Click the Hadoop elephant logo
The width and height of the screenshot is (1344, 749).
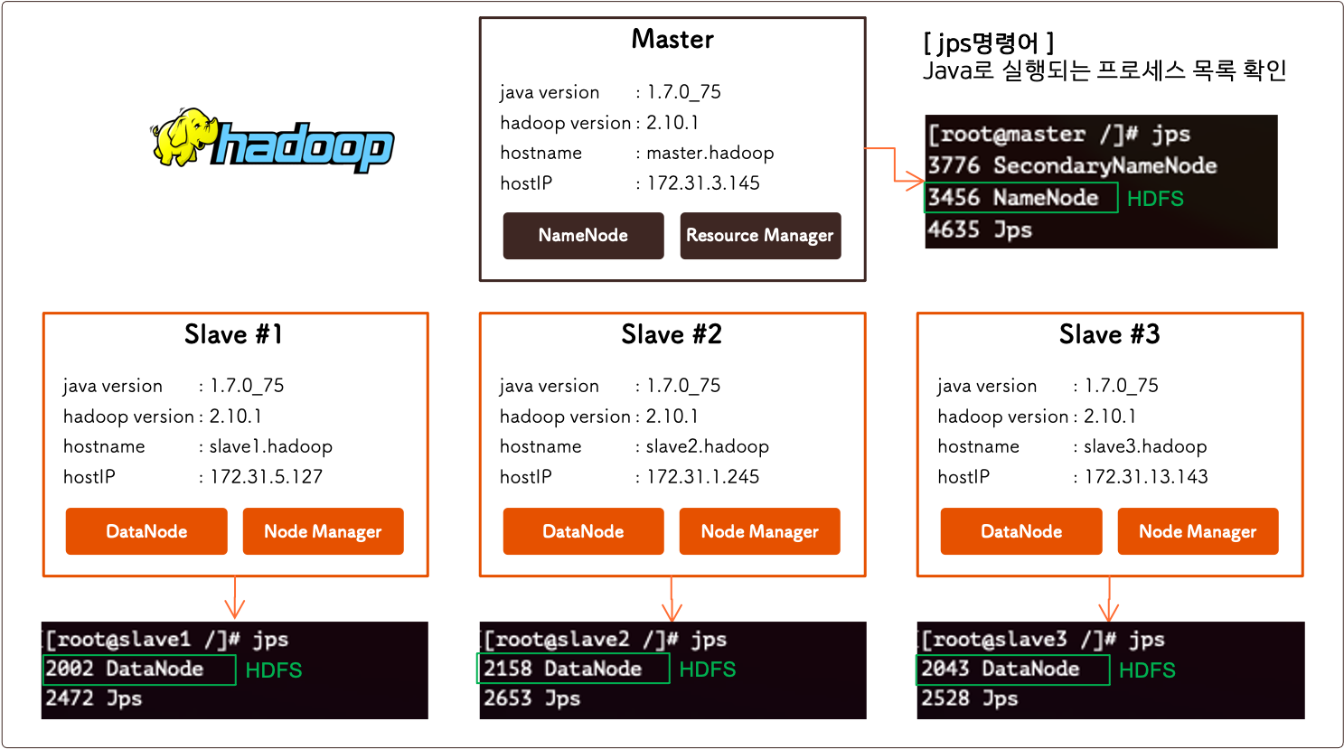click(272, 145)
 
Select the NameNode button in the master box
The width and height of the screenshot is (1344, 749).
click(583, 236)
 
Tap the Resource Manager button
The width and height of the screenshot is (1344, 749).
click(759, 236)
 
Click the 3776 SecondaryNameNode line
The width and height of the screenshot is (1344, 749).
click(1072, 166)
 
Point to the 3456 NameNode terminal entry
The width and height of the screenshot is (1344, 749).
click(1013, 198)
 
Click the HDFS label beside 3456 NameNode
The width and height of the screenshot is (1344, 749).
click(1155, 199)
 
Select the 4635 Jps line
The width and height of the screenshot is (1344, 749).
click(980, 230)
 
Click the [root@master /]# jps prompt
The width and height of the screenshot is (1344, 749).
click(1058, 135)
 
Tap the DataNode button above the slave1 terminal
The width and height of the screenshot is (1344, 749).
click(146, 531)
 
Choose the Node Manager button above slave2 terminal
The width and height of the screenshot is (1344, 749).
click(759, 531)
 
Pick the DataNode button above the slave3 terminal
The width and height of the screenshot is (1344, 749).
click(1021, 531)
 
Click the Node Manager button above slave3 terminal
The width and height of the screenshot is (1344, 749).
click(1198, 531)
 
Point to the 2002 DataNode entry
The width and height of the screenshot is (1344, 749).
click(125, 669)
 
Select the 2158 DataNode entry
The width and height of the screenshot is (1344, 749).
click(562, 669)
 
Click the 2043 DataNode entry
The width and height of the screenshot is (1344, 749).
click(1001, 669)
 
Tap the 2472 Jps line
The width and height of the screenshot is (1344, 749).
click(94, 698)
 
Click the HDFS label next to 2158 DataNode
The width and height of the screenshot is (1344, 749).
click(707, 670)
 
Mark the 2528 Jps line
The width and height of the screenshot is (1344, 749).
click(969, 698)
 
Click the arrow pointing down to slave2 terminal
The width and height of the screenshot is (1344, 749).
click(672, 600)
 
